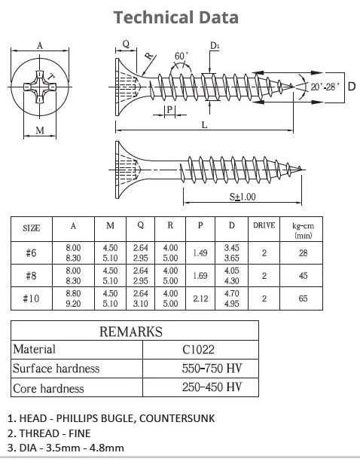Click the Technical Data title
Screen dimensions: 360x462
[x=176, y=17]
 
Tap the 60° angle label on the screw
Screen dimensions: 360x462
[x=182, y=56]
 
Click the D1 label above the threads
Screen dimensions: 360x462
[x=215, y=46]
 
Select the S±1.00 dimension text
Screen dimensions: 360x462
[x=243, y=197]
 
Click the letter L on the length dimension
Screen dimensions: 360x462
[x=204, y=125]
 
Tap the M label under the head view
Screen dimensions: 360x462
[x=40, y=130]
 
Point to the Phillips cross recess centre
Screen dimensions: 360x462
[x=40, y=87]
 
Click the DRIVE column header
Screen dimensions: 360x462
[x=264, y=225]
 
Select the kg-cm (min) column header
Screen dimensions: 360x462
[x=303, y=231]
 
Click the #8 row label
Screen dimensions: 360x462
[x=31, y=276]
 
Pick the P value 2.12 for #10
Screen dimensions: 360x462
[x=200, y=298]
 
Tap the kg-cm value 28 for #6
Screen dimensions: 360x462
[x=303, y=252]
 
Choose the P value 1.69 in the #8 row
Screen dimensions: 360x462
[x=200, y=276]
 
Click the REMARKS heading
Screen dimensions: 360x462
[x=131, y=332]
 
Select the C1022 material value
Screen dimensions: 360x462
[x=198, y=350]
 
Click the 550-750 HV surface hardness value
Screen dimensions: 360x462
[x=212, y=369]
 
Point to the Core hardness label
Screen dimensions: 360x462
[x=48, y=388]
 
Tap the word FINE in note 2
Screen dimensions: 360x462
[x=80, y=433]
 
